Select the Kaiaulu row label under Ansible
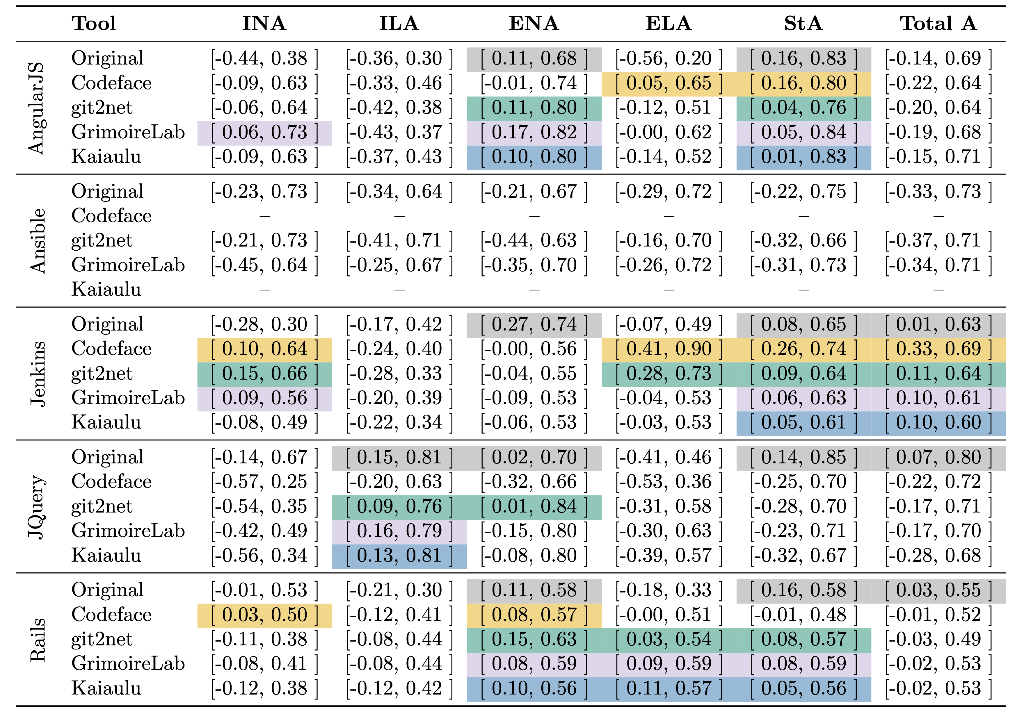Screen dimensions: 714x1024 point(106,289)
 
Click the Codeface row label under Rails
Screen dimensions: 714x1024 point(111,615)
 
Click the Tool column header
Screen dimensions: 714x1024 point(94,23)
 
